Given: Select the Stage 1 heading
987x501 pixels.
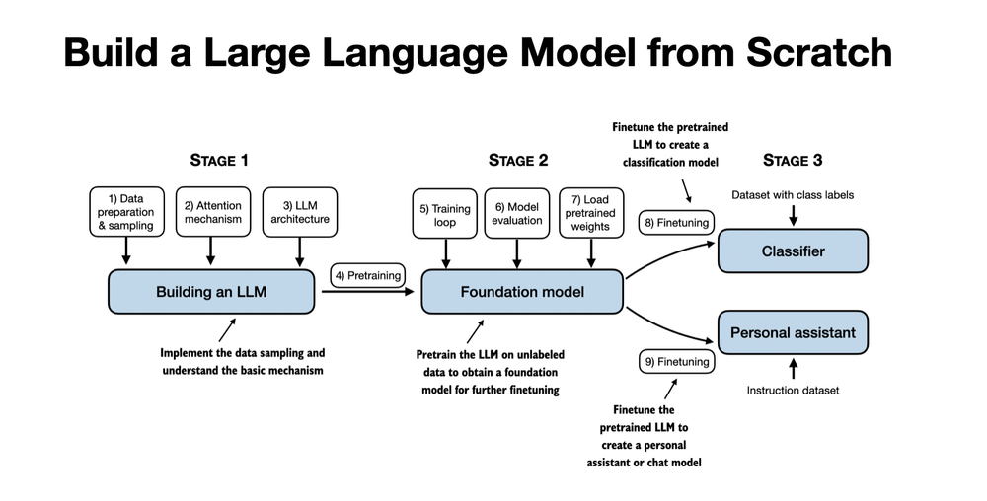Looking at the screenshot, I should point(218,160).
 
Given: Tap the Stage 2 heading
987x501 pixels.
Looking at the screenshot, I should point(517,160).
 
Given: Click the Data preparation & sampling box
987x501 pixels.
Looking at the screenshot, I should point(124,212).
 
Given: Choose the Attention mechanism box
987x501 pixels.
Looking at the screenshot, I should point(212,212).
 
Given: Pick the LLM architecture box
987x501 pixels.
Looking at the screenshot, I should point(300,212).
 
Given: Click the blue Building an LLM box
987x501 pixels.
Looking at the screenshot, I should point(211,292).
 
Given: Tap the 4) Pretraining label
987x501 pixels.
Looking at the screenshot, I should point(367,275).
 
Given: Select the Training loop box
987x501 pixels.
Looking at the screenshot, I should point(443,215).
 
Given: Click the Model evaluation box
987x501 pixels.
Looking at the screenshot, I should point(518,214).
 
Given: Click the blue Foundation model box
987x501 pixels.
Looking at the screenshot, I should point(522,292).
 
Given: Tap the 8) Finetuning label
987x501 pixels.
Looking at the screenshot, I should point(677,223).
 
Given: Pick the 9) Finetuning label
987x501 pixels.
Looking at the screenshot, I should point(677,362).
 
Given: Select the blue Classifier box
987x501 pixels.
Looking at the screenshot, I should point(793,251).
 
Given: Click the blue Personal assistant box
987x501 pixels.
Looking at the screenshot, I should point(793,333).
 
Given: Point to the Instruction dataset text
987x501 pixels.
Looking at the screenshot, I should point(793,391).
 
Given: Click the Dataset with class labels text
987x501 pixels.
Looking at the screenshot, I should point(793,195).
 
